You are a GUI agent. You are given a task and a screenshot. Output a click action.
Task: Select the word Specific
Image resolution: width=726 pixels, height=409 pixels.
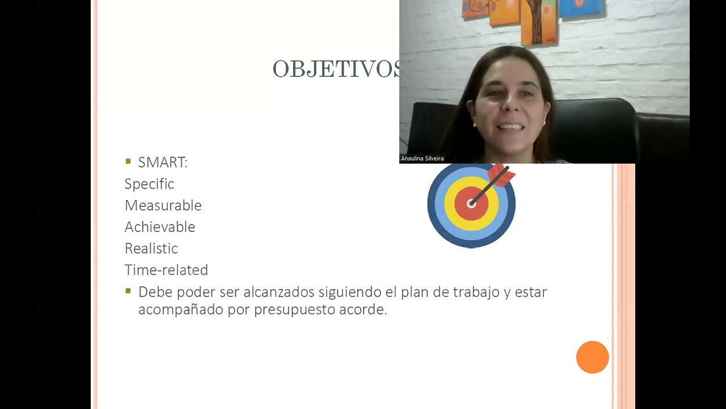(x=149, y=184)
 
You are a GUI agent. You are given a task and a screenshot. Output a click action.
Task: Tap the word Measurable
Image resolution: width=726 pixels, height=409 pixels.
(x=163, y=206)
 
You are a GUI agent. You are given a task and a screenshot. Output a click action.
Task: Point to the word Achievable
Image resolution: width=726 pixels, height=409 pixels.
(x=159, y=227)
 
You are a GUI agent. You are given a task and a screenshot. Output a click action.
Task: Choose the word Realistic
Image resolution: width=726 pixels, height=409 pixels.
(x=151, y=249)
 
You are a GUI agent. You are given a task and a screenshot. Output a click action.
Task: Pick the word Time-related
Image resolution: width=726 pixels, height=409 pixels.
(x=166, y=270)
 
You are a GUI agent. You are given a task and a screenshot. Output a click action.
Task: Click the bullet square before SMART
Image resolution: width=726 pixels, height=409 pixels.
(x=128, y=162)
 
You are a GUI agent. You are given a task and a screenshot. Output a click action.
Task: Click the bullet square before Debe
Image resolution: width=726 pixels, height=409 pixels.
(x=128, y=291)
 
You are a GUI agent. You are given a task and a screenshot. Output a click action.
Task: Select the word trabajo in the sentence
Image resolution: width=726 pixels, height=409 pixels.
(x=476, y=292)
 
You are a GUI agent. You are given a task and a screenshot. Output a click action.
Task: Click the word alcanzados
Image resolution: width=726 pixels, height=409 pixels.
(x=278, y=292)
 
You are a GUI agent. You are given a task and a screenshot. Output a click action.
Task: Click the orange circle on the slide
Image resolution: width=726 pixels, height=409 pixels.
(x=592, y=357)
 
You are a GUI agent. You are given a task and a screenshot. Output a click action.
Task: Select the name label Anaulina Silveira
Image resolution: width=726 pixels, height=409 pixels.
(x=422, y=158)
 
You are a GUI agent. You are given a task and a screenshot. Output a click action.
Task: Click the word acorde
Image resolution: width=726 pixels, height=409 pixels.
(x=368, y=310)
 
